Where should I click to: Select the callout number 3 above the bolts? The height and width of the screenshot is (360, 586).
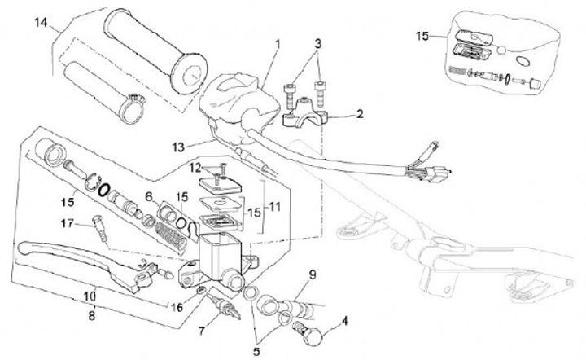coord(318,42)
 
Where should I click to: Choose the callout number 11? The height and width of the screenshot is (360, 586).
coord(273,208)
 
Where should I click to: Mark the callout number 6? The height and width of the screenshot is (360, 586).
coord(148,197)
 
